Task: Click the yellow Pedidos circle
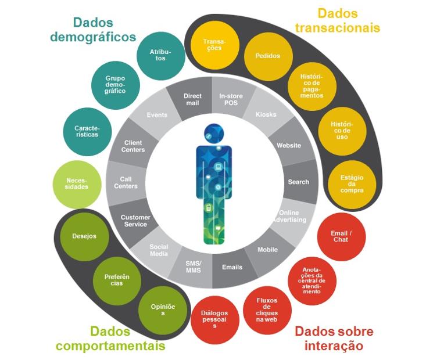click(x=268, y=56)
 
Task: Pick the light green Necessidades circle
click(x=78, y=183)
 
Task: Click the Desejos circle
click(x=84, y=236)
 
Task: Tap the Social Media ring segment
click(x=159, y=250)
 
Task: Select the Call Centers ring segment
click(x=125, y=182)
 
